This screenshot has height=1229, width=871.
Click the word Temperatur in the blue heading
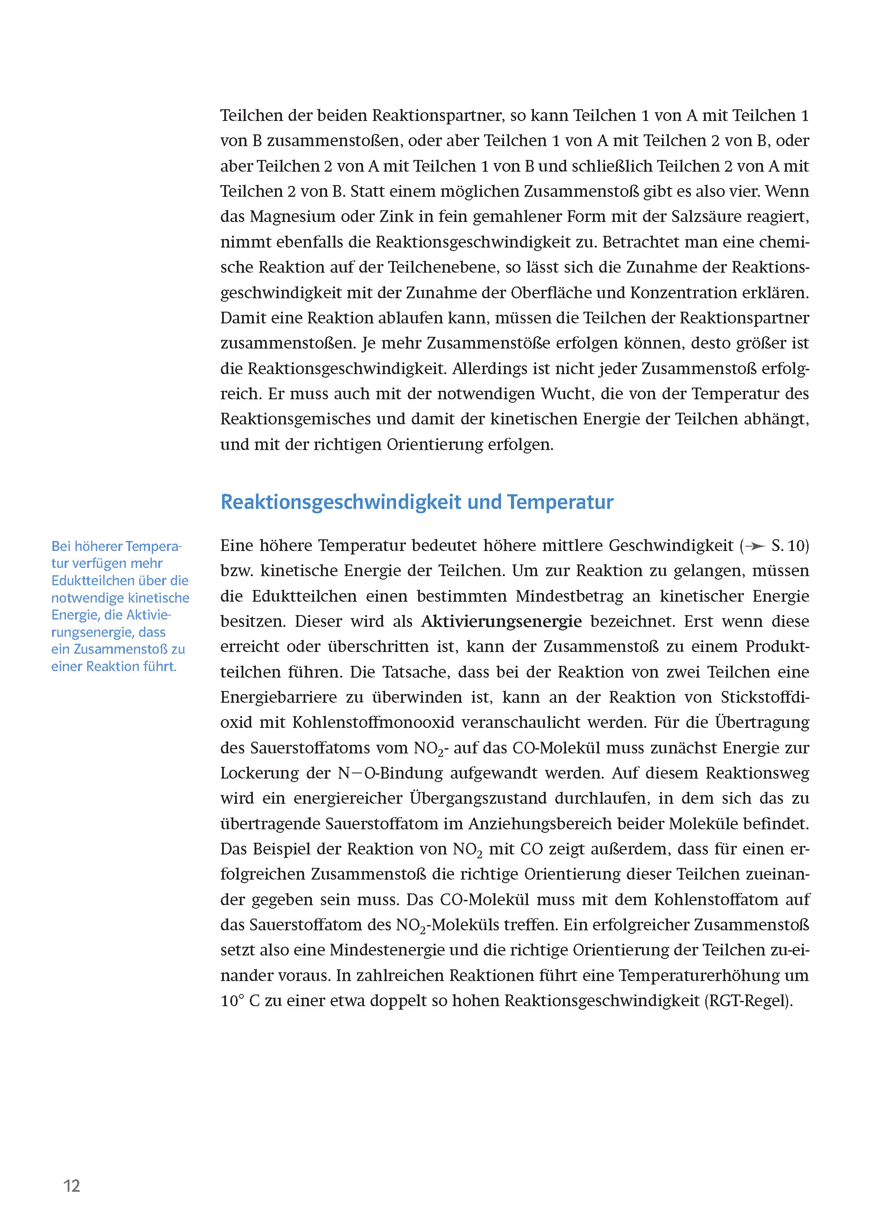click(x=560, y=502)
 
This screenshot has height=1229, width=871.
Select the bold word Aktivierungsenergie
click(x=501, y=622)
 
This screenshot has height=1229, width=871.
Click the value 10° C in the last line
click(x=240, y=1001)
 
